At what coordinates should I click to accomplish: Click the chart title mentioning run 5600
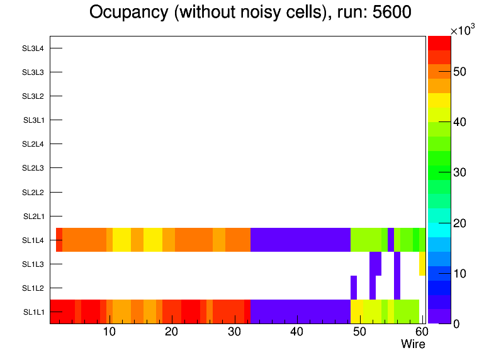click(250, 13)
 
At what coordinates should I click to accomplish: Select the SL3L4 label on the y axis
click(33, 48)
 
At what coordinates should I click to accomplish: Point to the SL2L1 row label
click(33, 216)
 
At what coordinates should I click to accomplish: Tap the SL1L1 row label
click(33, 312)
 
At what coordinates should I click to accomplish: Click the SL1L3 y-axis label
click(33, 264)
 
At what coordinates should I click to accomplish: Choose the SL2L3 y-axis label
click(33, 168)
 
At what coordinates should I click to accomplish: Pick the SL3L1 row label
click(33, 120)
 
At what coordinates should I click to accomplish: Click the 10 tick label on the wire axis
click(109, 332)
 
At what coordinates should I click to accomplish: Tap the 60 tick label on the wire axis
click(421, 332)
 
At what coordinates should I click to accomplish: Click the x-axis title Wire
click(413, 344)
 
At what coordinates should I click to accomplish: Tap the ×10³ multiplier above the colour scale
click(462, 31)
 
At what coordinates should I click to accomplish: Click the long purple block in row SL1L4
click(300, 240)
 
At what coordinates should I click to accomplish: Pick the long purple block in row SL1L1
click(300, 312)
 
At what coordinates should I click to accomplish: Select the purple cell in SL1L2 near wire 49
click(354, 288)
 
